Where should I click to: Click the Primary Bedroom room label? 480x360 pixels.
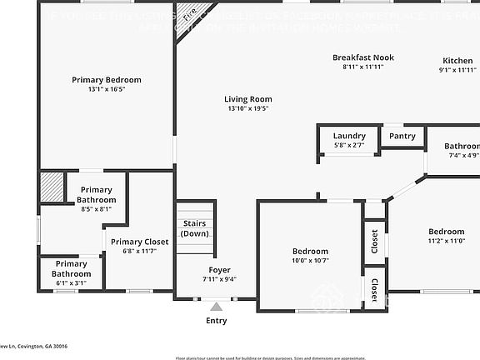[106, 80]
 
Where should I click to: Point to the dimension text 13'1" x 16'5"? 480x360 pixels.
[106, 89]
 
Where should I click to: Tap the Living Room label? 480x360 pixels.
[248, 99]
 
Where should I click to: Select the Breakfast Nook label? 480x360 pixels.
[362, 57]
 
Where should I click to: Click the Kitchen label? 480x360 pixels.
[457, 61]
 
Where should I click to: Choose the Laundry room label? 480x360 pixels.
[349, 136]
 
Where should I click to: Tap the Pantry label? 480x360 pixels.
[402, 136]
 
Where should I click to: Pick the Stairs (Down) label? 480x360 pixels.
[194, 228]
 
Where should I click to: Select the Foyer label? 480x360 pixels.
[219, 270]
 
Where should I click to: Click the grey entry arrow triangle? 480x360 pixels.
[216, 307]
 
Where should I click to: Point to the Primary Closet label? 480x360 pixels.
[139, 242]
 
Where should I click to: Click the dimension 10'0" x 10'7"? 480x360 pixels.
[310, 260]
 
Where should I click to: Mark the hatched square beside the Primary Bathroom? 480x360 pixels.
[52, 186]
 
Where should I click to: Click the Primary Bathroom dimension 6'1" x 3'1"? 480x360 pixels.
[72, 283]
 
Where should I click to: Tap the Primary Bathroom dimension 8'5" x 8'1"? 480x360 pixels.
[96, 209]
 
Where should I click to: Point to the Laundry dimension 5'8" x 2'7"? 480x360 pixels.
[349, 145]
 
